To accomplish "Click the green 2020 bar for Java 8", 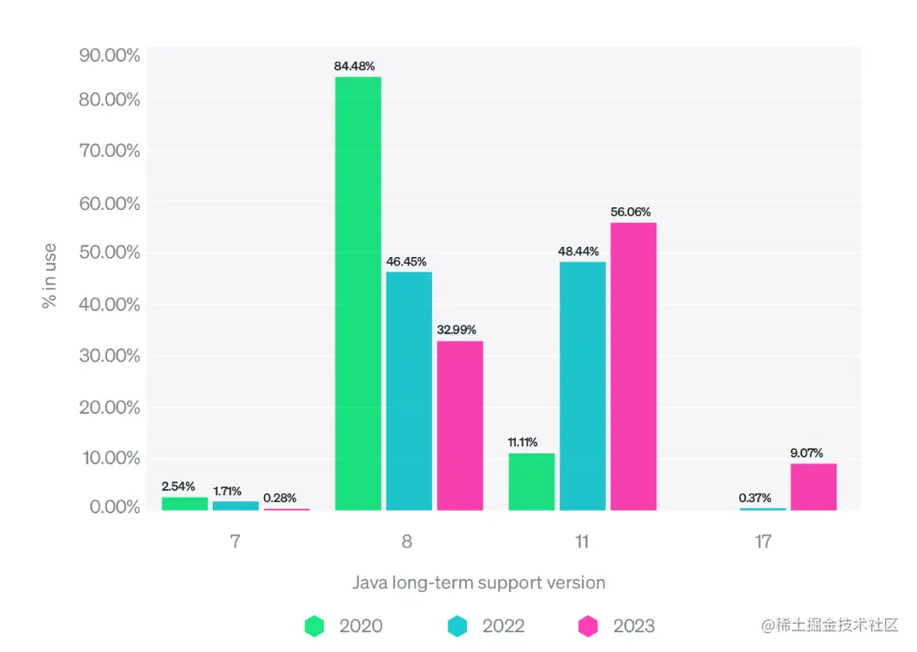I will click(358, 293).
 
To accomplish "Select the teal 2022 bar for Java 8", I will click(409, 391).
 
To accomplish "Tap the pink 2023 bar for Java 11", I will click(633, 366).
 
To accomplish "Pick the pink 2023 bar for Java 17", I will click(813, 487).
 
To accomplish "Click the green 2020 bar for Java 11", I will click(531, 482).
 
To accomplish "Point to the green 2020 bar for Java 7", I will click(184, 504).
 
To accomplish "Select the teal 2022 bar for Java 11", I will click(583, 386).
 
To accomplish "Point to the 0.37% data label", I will click(755, 497).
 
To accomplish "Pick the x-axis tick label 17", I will click(763, 541).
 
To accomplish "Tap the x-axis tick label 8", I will click(406, 541).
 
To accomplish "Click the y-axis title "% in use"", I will click(50, 275).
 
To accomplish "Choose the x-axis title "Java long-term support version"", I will click(479, 583).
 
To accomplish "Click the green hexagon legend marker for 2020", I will click(315, 626).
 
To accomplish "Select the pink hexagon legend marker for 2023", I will click(588, 626).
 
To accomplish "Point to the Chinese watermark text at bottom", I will click(830, 625).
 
